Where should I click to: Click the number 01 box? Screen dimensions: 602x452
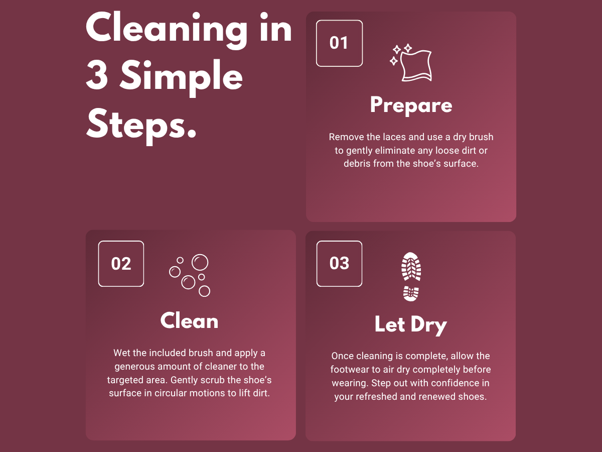339,43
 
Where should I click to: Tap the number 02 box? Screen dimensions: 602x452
121,264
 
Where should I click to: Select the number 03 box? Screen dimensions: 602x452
339,264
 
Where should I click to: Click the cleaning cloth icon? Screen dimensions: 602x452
411,63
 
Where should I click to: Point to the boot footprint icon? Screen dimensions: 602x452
411,277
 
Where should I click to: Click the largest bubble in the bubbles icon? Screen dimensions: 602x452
200,262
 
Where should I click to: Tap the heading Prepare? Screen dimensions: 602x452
411,105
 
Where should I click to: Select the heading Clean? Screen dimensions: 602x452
189,320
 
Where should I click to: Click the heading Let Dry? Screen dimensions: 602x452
411,325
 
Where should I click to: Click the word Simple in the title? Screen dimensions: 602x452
181,77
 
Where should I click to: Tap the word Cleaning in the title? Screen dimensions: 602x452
167,30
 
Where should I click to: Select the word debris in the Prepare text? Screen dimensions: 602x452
357,164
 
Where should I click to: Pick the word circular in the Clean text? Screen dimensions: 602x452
171,393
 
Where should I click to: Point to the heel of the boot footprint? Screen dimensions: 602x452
411,294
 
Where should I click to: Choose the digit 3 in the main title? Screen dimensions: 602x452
97,75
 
